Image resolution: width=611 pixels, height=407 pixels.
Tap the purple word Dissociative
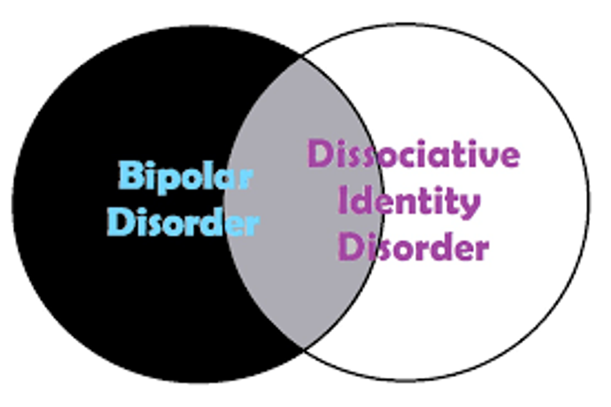coord(413,154)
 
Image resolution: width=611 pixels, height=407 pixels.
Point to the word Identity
coord(409,202)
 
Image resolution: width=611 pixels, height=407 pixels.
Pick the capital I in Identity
coord(342,201)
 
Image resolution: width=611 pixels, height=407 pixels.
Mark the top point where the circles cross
coord(304,58)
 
